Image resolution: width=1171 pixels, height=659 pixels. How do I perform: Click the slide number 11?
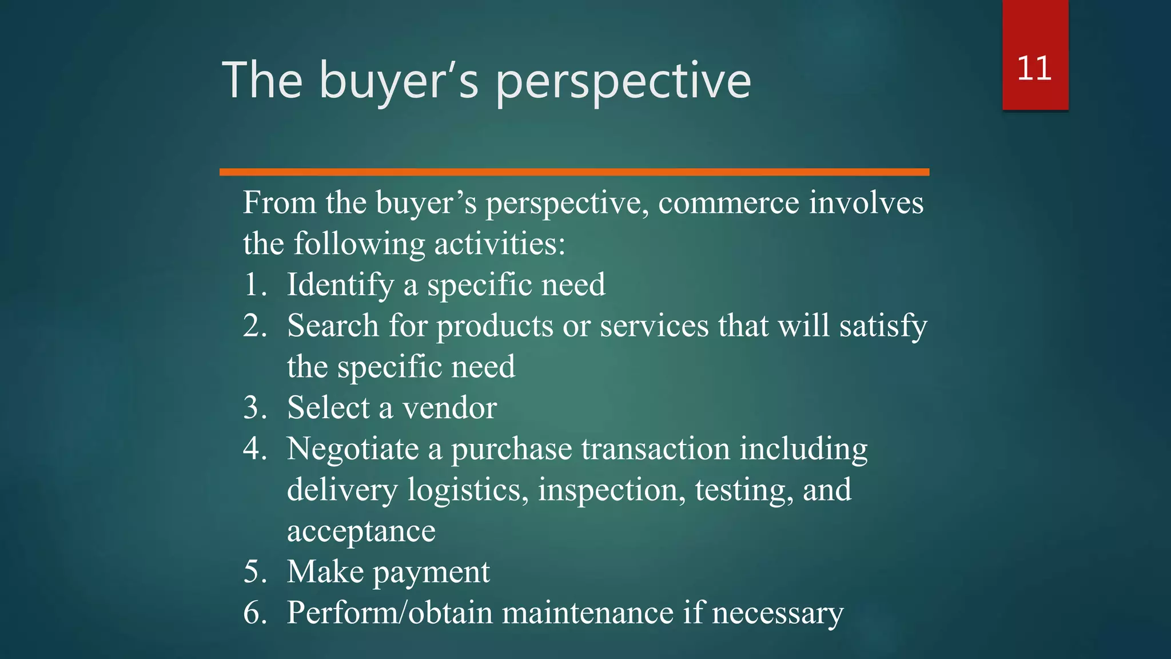tap(1034, 69)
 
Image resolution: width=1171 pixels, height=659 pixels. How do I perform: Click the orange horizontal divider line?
tap(574, 172)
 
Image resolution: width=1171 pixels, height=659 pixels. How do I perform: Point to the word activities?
tap(500, 244)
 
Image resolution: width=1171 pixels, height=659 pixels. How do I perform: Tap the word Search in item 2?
tap(333, 326)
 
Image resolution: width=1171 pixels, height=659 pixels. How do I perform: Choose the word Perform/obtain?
tap(389, 613)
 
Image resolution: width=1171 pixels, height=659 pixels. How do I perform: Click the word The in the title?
tap(262, 81)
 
